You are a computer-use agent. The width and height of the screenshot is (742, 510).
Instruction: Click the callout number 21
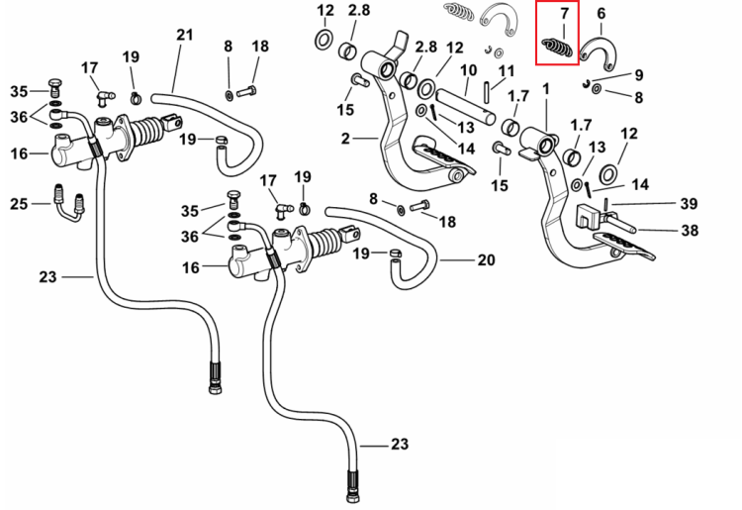click(185, 35)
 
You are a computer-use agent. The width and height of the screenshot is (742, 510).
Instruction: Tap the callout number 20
click(486, 260)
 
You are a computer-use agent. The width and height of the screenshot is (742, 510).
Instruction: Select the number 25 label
click(19, 204)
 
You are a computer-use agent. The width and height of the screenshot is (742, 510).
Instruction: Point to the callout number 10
click(468, 70)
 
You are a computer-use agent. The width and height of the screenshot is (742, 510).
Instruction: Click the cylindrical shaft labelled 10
click(466, 108)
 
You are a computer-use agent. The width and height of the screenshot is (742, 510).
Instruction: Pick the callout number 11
click(507, 72)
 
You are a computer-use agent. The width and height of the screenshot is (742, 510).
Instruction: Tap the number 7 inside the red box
click(564, 13)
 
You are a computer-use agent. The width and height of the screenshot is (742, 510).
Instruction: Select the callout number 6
click(601, 13)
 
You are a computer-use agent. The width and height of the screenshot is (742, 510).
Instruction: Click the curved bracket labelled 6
click(599, 52)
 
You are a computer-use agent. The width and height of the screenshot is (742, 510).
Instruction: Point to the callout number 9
click(639, 75)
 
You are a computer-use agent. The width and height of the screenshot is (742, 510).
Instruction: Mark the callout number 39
click(689, 204)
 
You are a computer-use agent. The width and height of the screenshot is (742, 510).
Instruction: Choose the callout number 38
click(690, 231)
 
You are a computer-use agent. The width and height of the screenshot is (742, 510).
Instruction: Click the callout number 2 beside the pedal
click(345, 139)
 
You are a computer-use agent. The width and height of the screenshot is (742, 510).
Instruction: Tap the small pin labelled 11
click(487, 92)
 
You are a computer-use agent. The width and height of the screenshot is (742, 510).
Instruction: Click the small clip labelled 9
click(586, 83)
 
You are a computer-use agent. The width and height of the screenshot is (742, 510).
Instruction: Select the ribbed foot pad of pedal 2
click(443, 158)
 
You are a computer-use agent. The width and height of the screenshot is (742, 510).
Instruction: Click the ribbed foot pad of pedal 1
click(623, 244)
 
